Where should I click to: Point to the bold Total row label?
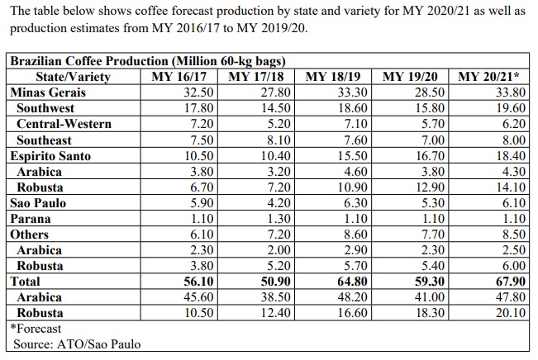[25, 282]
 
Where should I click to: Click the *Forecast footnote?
[37, 329]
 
